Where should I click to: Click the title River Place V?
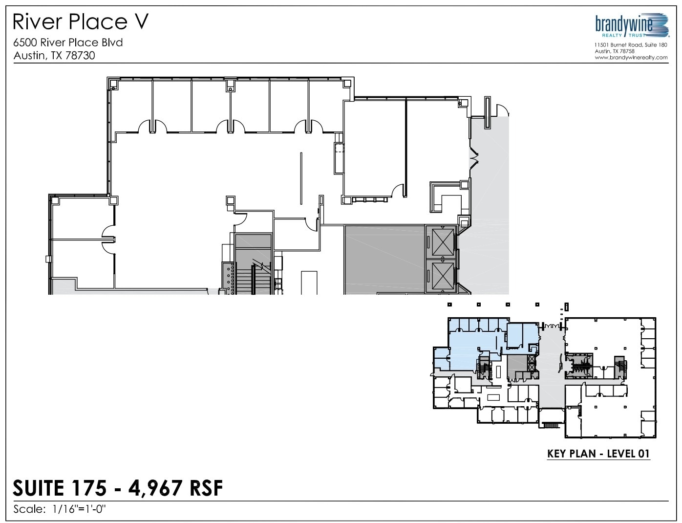[x=81, y=22]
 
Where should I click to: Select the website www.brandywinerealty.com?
[x=631, y=57]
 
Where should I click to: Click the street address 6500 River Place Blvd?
[x=68, y=43]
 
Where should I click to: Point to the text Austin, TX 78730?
[x=54, y=55]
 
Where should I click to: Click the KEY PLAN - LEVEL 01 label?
[x=598, y=454]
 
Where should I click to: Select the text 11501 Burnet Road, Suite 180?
[x=631, y=45]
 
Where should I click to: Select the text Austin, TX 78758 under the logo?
[x=615, y=51]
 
